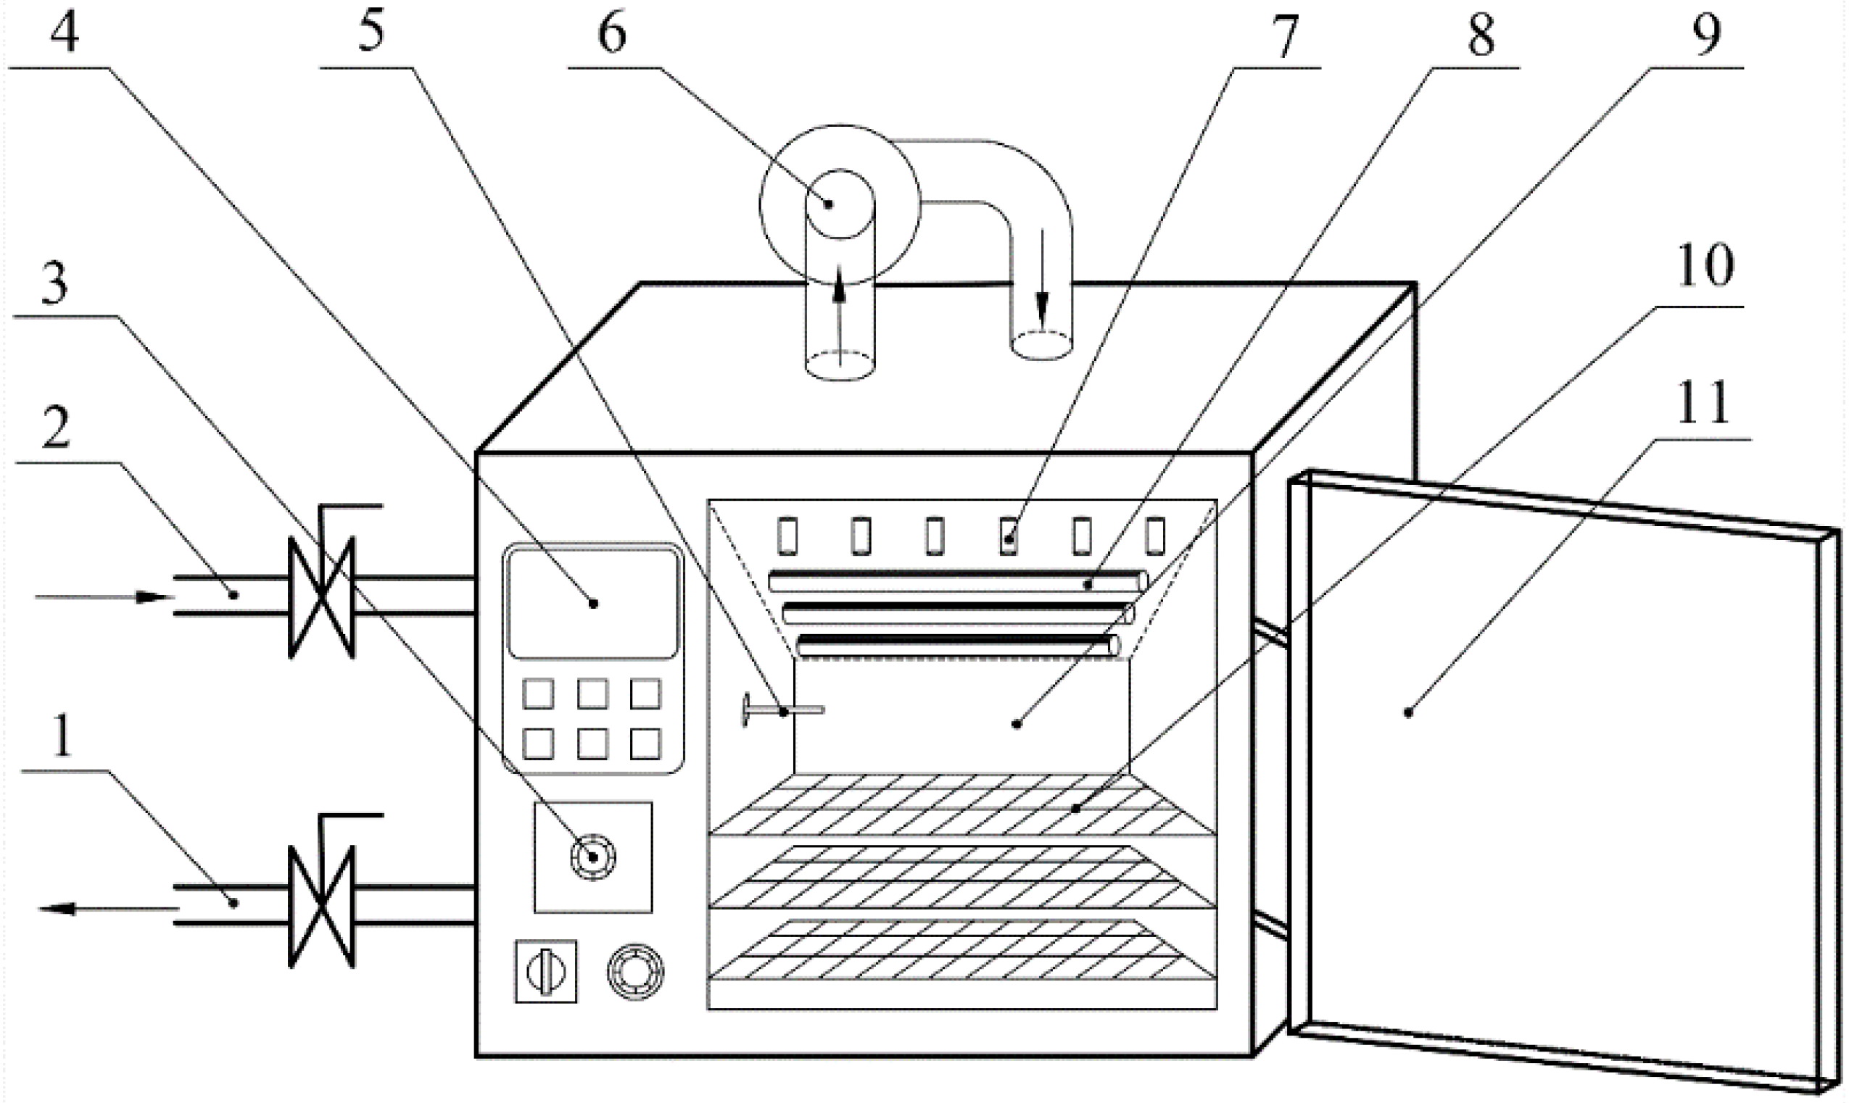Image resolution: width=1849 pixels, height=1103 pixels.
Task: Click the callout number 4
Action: click(x=64, y=33)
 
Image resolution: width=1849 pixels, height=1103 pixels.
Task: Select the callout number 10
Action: click(x=1705, y=266)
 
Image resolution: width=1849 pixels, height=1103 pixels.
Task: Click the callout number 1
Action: click(x=62, y=736)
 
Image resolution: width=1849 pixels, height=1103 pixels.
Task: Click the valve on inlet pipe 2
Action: click(x=321, y=598)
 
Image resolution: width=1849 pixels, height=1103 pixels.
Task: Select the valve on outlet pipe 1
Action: click(x=321, y=906)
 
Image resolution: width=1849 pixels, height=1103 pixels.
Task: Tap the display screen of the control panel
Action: click(x=592, y=604)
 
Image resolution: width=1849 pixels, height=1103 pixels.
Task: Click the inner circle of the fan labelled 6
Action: click(x=840, y=204)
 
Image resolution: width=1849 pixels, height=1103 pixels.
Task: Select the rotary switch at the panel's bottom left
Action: click(x=546, y=972)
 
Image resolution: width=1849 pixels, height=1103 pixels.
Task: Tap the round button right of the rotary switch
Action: click(x=635, y=972)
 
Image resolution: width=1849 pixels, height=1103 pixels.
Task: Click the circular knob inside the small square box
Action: click(x=592, y=858)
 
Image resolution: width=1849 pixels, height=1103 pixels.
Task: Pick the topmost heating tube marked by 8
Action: click(x=958, y=581)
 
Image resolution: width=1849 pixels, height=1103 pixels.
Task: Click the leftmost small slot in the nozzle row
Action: click(x=787, y=536)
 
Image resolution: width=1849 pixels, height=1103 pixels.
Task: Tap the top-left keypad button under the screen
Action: click(x=537, y=694)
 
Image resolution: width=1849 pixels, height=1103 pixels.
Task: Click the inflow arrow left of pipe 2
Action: click(x=104, y=597)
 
